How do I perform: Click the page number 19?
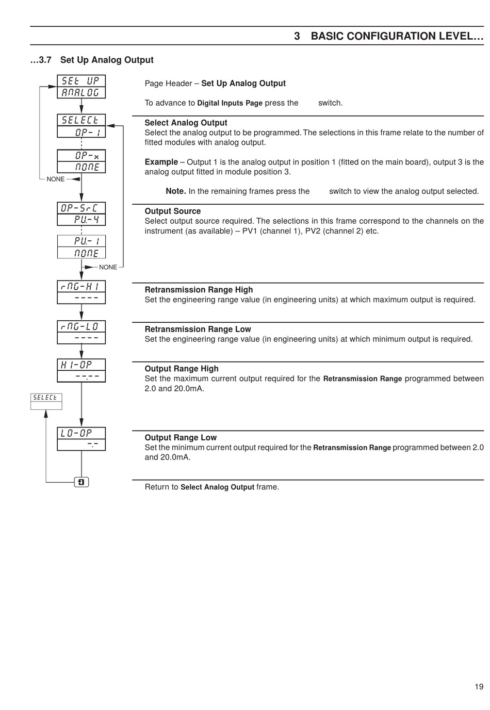479,686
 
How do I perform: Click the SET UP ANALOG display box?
81,87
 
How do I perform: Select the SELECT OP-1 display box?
81,126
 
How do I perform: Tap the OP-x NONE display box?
81,161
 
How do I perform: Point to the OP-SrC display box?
81,214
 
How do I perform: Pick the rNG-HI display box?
81,292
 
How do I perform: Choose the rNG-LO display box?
81,332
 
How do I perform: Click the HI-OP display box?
81,370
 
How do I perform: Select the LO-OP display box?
81,439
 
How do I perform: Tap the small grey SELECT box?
46,401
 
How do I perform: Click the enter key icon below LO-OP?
81,482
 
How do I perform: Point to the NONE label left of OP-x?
56,179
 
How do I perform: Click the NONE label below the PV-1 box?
108,267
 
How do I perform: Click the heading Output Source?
172,211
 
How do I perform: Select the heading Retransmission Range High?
199,290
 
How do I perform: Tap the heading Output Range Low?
181,437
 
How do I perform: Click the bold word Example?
161,162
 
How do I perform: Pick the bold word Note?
175,191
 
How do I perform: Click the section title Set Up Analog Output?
107,60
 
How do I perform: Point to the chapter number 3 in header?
297,36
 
